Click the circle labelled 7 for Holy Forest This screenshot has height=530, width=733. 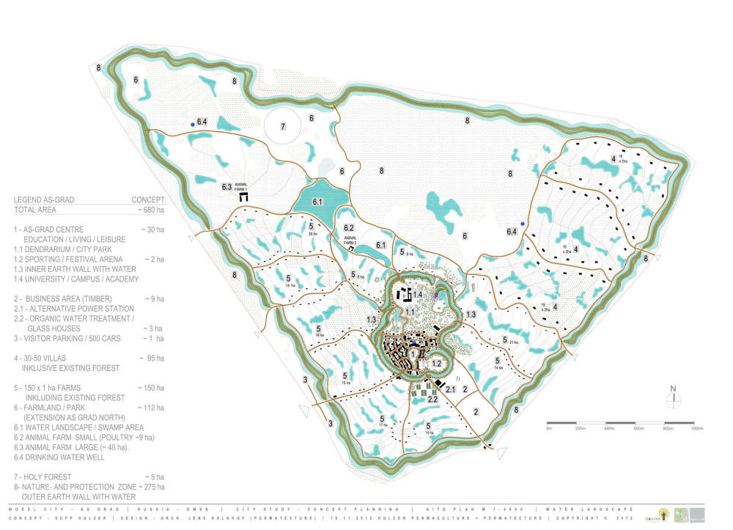tap(282, 126)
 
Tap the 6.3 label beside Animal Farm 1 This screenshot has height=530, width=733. tap(227, 188)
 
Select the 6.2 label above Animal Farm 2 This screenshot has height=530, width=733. tap(349, 228)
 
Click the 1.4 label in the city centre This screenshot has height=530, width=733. tap(418, 294)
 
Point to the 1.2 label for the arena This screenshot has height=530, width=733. tap(436, 364)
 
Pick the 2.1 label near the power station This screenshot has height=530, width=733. tap(451, 389)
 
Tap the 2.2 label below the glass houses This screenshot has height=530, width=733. tap(433, 399)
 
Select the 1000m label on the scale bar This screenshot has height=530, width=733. tap(696, 428)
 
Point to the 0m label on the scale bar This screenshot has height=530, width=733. tap(549, 428)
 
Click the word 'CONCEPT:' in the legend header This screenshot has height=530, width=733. tap(149, 199)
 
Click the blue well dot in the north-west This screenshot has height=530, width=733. tap(193, 125)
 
